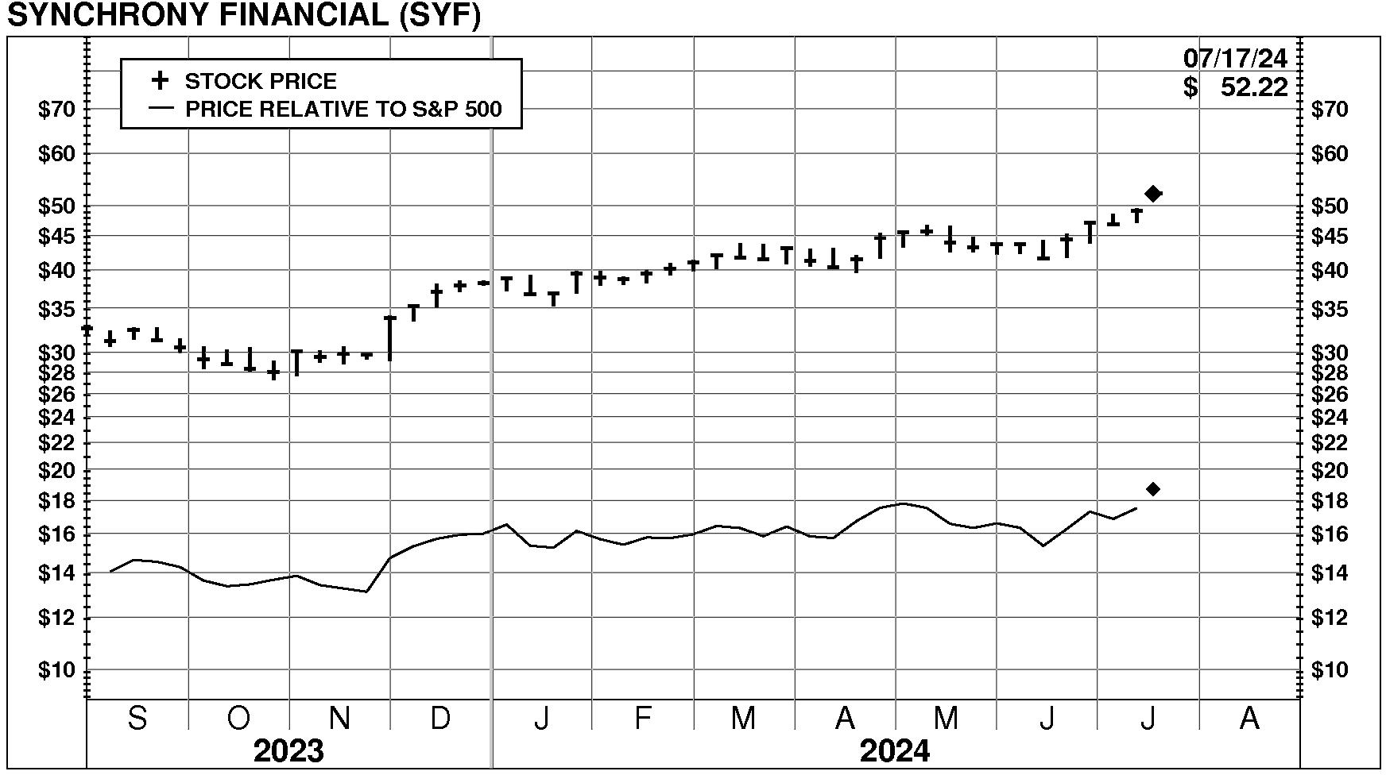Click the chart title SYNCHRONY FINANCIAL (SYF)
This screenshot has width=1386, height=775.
(243, 15)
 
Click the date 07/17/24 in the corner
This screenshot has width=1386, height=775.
(1235, 58)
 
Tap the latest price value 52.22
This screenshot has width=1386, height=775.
(1253, 87)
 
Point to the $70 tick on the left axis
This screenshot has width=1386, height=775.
(56, 110)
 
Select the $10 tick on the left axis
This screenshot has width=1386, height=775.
(56, 670)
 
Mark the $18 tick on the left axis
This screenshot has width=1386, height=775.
(56, 501)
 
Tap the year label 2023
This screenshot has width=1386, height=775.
(288, 750)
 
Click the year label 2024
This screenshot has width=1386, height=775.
(895, 750)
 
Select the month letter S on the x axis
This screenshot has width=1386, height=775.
(137, 719)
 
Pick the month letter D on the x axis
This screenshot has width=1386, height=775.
(440, 719)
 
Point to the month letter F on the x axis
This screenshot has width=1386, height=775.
(642, 719)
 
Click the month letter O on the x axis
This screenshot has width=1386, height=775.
(238, 719)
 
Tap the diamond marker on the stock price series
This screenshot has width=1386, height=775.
(1153, 193)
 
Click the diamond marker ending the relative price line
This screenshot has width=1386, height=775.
(1153, 489)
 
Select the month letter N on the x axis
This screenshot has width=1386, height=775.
(339, 719)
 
